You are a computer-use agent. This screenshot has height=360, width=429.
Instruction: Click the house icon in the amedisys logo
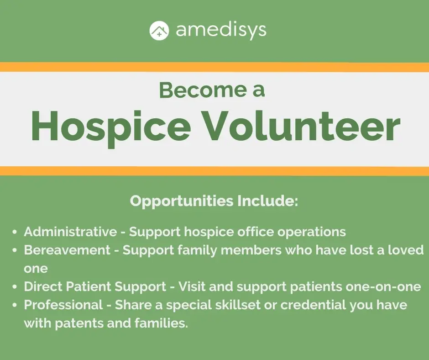pyautogui.click(x=159, y=31)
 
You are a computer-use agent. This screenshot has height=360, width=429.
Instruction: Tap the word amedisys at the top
pyautogui.click(x=221, y=31)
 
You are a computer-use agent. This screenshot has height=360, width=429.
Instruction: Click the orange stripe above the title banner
pyautogui.click(x=214, y=67)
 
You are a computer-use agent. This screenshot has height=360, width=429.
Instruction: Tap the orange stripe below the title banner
pyautogui.click(x=214, y=171)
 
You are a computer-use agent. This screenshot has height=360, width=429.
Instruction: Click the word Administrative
pyautogui.click(x=70, y=232)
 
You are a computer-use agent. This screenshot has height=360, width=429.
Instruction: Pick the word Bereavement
pyautogui.click(x=67, y=250)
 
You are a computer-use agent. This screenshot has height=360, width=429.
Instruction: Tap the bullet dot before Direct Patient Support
pyautogui.click(x=16, y=287)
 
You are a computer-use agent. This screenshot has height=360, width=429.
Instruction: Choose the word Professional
pyautogui.click(x=63, y=305)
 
